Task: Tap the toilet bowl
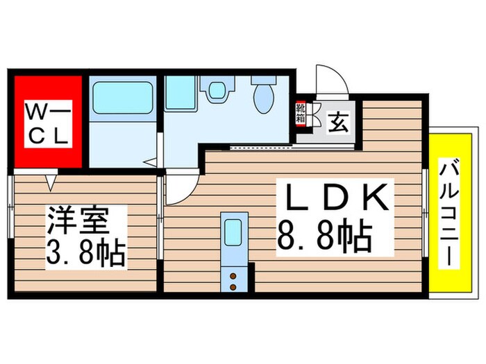click(262, 98)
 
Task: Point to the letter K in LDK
click(378, 198)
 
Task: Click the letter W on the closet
click(35, 112)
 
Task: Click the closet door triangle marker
click(51, 182)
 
